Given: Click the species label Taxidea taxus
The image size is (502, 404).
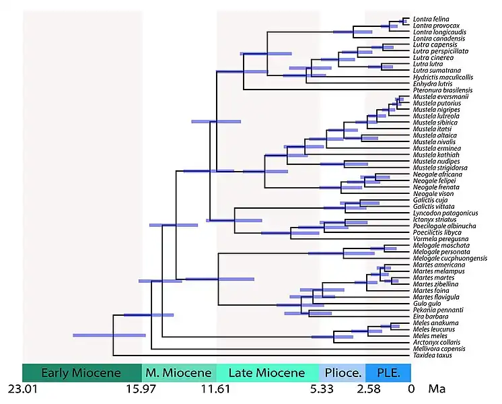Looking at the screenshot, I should tap(431, 355).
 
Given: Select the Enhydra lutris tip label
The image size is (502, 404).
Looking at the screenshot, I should tap(431, 83).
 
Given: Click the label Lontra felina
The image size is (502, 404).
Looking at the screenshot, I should tap(429, 20).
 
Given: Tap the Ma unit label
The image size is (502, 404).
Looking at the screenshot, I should tap(436, 390).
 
